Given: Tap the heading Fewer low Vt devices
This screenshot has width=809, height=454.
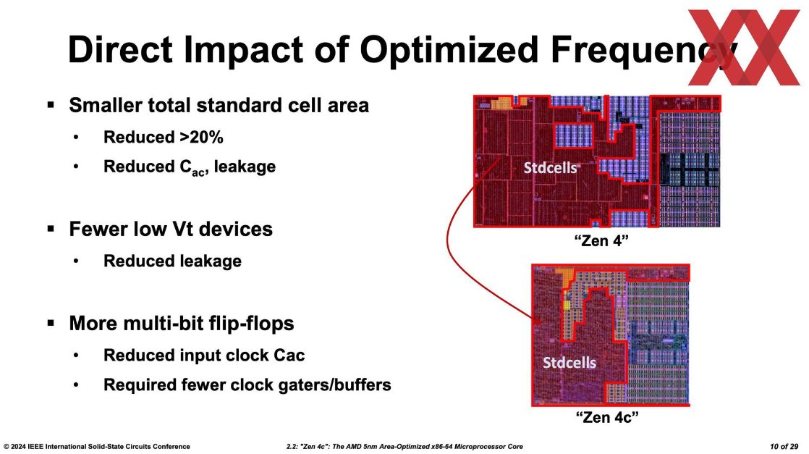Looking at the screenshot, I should click(171, 230).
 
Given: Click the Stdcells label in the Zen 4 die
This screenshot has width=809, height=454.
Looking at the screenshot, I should click(550, 168).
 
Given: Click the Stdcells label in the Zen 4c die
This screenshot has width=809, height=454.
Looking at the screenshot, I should click(569, 361).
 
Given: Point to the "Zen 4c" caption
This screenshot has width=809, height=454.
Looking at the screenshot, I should click(609, 418).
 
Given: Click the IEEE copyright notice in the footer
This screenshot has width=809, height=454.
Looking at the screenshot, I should click(97, 446).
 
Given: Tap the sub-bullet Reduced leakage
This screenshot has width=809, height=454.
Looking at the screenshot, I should click(172, 261).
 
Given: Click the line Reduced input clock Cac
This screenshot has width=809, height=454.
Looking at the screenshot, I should click(204, 355).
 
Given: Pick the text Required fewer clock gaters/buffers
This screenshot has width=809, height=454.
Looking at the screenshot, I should click(247, 384).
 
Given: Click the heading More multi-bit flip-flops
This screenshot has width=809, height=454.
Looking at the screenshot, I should click(181, 324).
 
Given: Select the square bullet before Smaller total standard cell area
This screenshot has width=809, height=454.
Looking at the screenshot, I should click(51, 105).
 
